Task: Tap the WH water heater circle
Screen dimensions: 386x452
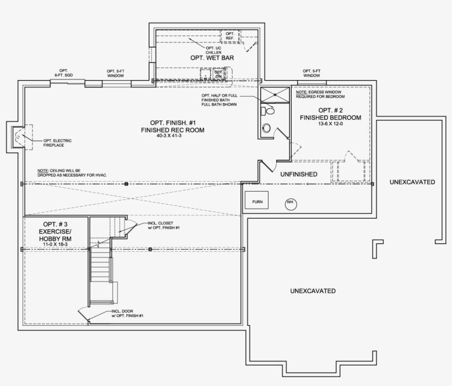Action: pos(290,203)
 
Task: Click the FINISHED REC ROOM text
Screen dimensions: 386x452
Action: pos(173,130)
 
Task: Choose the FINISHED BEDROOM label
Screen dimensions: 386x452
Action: pos(330,118)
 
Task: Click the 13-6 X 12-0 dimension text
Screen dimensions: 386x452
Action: pos(330,124)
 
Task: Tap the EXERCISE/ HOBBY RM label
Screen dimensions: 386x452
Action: pos(56,235)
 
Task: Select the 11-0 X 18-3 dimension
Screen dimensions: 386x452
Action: pos(56,245)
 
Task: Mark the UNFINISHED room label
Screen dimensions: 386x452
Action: pos(298,174)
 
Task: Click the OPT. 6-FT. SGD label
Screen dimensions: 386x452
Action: pos(63,72)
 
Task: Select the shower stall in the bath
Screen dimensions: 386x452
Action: pos(274,94)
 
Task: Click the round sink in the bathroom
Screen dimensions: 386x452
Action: pos(266,129)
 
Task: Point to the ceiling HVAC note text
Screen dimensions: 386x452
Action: pos(72,173)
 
